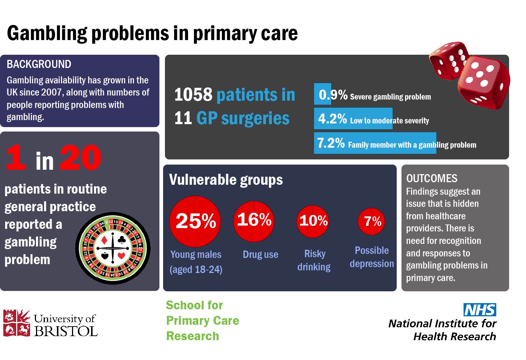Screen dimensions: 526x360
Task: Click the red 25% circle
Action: (x=195, y=222)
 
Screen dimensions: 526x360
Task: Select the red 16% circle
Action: (x=253, y=221)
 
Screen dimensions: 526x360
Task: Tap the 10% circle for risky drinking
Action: (x=313, y=222)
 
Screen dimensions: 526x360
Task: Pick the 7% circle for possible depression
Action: (x=371, y=222)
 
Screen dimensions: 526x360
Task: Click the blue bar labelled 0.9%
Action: (x=323, y=94)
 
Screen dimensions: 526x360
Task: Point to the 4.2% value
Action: (x=332, y=118)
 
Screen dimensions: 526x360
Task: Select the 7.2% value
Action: (x=331, y=143)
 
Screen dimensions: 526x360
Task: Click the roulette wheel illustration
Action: (x=113, y=248)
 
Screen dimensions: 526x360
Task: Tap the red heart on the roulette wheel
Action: (x=122, y=256)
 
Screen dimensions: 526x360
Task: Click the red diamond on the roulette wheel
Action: (x=104, y=240)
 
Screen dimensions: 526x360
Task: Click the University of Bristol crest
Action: (x=17, y=323)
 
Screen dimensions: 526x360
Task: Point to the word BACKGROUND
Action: (x=39, y=64)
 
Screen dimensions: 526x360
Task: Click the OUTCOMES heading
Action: (x=432, y=179)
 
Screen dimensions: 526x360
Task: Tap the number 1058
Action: (x=193, y=94)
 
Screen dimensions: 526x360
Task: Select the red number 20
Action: (x=80, y=157)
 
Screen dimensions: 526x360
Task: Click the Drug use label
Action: (x=260, y=255)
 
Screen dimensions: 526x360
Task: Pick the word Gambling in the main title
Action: (x=47, y=33)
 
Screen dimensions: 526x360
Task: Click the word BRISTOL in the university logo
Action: (x=66, y=331)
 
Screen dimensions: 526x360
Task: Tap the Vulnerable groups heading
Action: (x=226, y=180)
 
